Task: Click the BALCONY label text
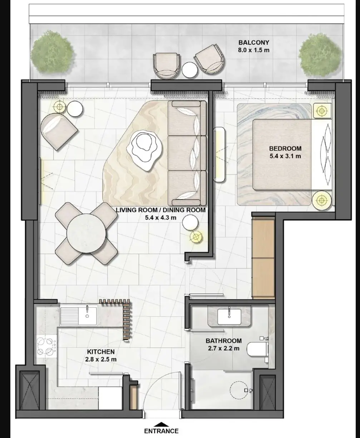click(254, 43)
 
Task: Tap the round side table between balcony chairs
click(189, 70)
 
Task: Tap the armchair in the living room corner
click(59, 131)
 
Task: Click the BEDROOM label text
click(285, 148)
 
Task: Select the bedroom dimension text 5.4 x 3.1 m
click(285, 156)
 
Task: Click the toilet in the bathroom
click(257, 349)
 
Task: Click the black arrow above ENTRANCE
click(161, 423)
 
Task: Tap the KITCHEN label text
click(101, 351)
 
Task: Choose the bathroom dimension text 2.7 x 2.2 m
click(223, 348)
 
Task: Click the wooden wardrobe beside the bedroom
click(263, 257)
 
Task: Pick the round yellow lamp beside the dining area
click(196, 237)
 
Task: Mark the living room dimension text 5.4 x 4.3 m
click(161, 217)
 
